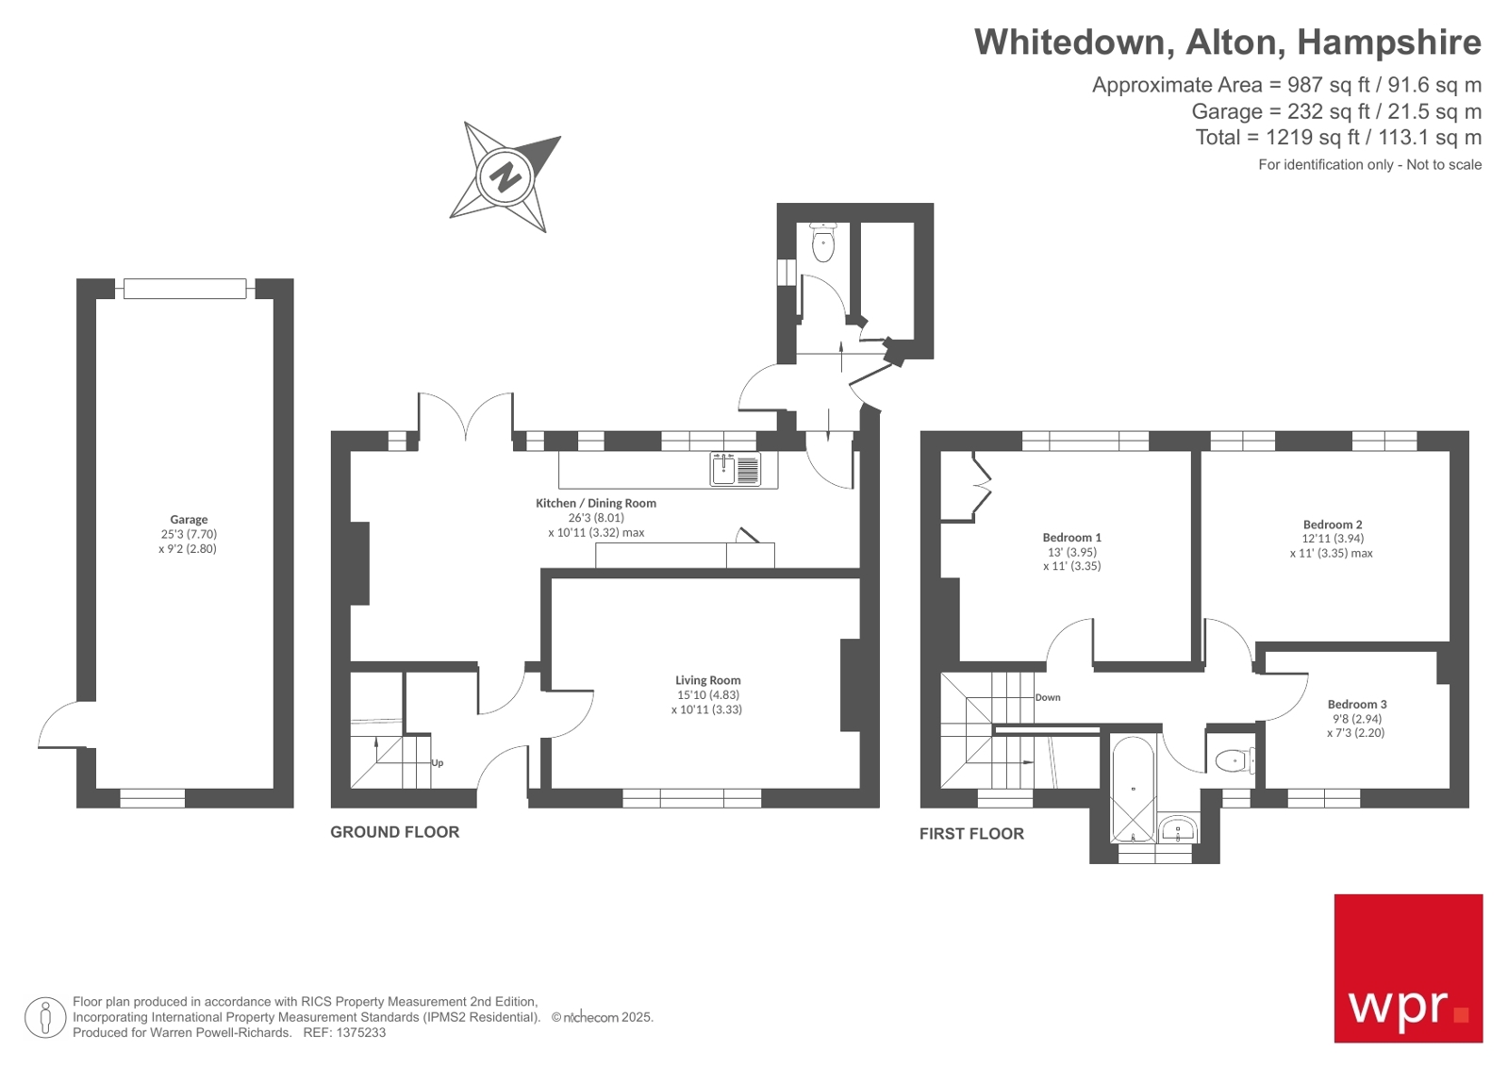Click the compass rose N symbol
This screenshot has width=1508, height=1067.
[x=505, y=176]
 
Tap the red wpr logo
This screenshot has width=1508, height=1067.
[x=1407, y=968]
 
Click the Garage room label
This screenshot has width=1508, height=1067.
[x=189, y=520]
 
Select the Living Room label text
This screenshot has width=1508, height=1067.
[x=707, y=680]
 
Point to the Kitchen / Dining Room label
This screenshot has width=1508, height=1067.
[x=595, y=504]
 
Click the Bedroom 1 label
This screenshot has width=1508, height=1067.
[x=1071, y=538]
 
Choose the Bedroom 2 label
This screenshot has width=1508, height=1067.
[x=1332, y=525]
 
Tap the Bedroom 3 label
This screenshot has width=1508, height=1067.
[x=1356, y=705]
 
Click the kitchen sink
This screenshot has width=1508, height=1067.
[x=723, y=469]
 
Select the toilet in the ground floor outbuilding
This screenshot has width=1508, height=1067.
[x=823, y=244]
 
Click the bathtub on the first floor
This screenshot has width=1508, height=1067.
[x=1132, y=789]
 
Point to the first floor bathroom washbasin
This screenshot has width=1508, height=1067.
[x=1177, y=830]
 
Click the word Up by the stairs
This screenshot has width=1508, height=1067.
[x=437, y=763]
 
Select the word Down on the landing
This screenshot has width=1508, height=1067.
[x=1048, y=698]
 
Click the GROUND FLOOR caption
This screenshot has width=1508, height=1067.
[x=394, y=832]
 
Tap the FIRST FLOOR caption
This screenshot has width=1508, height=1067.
[x=971, y=834]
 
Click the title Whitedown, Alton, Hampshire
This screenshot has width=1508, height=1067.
[x=1227, y=42]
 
